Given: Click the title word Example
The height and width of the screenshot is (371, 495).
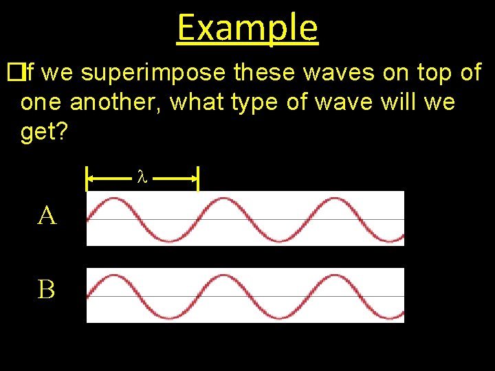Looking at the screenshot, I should click(x=247, y=27).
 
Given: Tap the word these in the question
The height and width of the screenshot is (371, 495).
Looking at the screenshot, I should click(x=267, y=72).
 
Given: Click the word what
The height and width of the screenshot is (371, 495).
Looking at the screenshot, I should click(x=196, y=102).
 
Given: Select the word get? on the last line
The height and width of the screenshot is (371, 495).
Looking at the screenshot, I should click(x=44, y=132).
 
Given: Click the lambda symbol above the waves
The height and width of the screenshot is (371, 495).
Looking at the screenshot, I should click(x=142, y=178).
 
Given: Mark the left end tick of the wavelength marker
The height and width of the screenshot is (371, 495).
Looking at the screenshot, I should click(x=87, y=178).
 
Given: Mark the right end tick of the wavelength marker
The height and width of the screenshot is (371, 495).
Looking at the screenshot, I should click(x=198, y=178).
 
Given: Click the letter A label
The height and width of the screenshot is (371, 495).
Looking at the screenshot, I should click(x=47, y=216).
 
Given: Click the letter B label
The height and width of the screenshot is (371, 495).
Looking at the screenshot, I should click(x=47, y=290).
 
